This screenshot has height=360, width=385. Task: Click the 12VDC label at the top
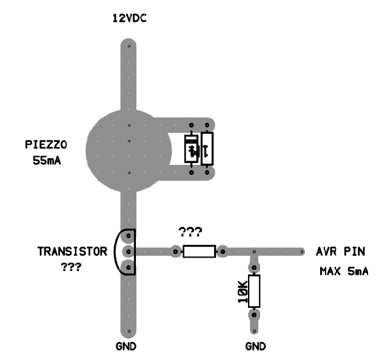129,18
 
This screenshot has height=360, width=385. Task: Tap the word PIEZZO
46,144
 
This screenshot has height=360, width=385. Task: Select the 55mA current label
47,161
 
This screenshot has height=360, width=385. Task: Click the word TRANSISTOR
72,252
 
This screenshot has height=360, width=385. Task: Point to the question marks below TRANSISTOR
71,267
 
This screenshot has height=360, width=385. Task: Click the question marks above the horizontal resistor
190,232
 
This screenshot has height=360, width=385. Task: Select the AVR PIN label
341,252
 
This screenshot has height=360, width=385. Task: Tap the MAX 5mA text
344,272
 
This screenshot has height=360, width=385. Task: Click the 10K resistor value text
243,292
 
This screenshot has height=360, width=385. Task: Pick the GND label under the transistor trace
126,346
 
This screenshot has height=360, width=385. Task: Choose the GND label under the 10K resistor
255,346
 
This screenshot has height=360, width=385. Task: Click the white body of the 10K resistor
254,292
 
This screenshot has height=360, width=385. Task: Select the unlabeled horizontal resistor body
199,252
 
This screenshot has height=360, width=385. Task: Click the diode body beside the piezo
191,148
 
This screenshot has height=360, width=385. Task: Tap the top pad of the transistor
129,236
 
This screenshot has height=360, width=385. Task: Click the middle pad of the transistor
129,252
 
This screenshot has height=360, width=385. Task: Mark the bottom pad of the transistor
129,267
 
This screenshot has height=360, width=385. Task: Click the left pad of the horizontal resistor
175,252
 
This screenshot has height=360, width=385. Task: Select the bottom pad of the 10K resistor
254,315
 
